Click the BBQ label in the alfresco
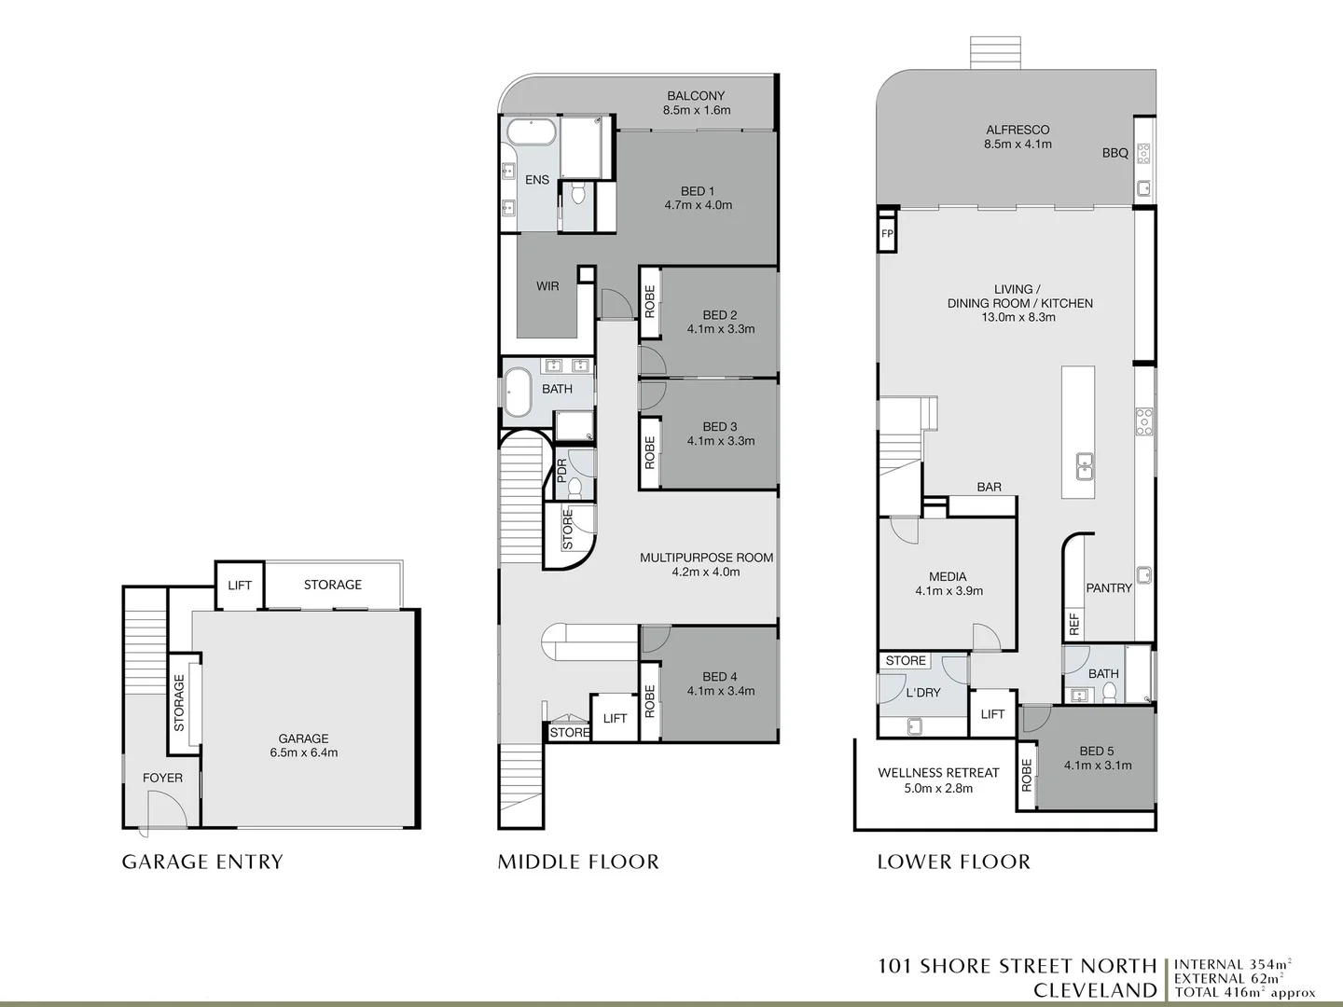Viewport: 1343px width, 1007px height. [1115, 153]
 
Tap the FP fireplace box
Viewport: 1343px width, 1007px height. [887, 233]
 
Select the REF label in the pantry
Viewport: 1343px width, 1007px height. [1074, 625]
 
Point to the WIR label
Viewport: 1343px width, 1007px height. [547, 286]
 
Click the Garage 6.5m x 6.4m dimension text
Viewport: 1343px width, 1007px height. [303, 752]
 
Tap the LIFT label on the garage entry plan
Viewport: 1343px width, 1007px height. [240, 586]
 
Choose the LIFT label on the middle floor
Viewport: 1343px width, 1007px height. [615, 718]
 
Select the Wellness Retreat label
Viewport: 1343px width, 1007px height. [938, 773]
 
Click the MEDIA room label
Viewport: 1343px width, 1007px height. [948, 576]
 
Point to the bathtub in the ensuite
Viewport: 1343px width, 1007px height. [531, 132]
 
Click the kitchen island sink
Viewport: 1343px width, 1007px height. [1084, 467]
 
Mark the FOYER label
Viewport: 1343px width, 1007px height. [162, 778]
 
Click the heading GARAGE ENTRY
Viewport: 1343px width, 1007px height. [202, 862]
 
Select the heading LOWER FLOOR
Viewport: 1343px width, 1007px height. [954, 862]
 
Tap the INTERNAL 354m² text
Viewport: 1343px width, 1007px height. [1233, 965]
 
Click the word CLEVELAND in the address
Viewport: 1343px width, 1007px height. [1095, 990]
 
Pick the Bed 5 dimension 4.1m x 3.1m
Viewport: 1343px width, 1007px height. [1097, 766]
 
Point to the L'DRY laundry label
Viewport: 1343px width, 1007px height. [922, 693]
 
